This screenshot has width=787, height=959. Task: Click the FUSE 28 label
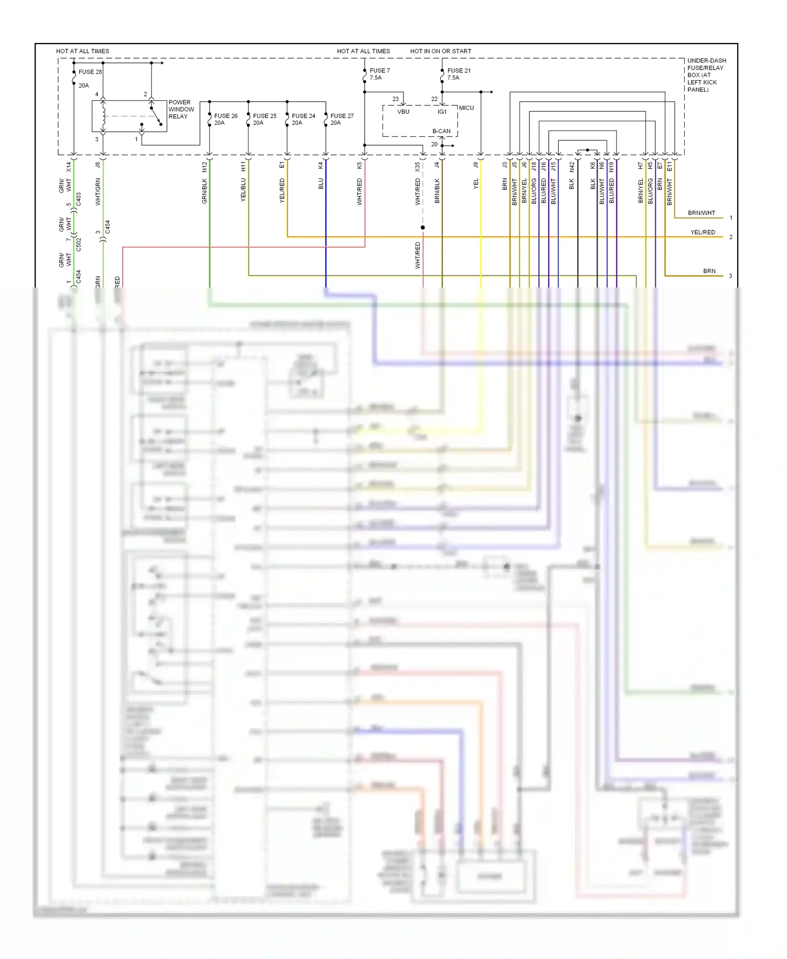tap(90, 72)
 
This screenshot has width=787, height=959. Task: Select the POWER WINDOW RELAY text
tap(181, 109)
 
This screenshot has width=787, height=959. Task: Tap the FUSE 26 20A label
tap(226, 119)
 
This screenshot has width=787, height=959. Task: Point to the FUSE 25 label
tap(264, 116)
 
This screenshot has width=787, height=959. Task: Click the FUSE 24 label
tap(303, 116)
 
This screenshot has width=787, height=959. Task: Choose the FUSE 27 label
tap(342, 116)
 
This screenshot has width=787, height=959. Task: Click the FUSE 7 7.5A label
tap(379, 74)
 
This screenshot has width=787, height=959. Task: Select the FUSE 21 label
tap(459, 70)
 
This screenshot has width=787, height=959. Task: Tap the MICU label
tap(466, 108)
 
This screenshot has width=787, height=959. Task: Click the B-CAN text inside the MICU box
tap(441, 131)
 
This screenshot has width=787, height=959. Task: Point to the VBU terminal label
tap(403, 112)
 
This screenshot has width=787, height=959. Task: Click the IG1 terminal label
tap(442, 112)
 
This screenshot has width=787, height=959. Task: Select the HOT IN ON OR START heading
tap(440, 51)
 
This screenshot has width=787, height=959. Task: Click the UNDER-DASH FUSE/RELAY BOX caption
tap(706, 75)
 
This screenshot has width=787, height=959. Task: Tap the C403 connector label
tap(79, 199)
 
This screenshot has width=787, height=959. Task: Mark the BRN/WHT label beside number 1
tap(701, 213)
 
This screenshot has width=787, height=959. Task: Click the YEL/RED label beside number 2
tap(703, 232)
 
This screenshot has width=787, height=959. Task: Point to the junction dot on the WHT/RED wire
tap(422, 227)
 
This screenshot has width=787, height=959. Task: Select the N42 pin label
tap(572, 167)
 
